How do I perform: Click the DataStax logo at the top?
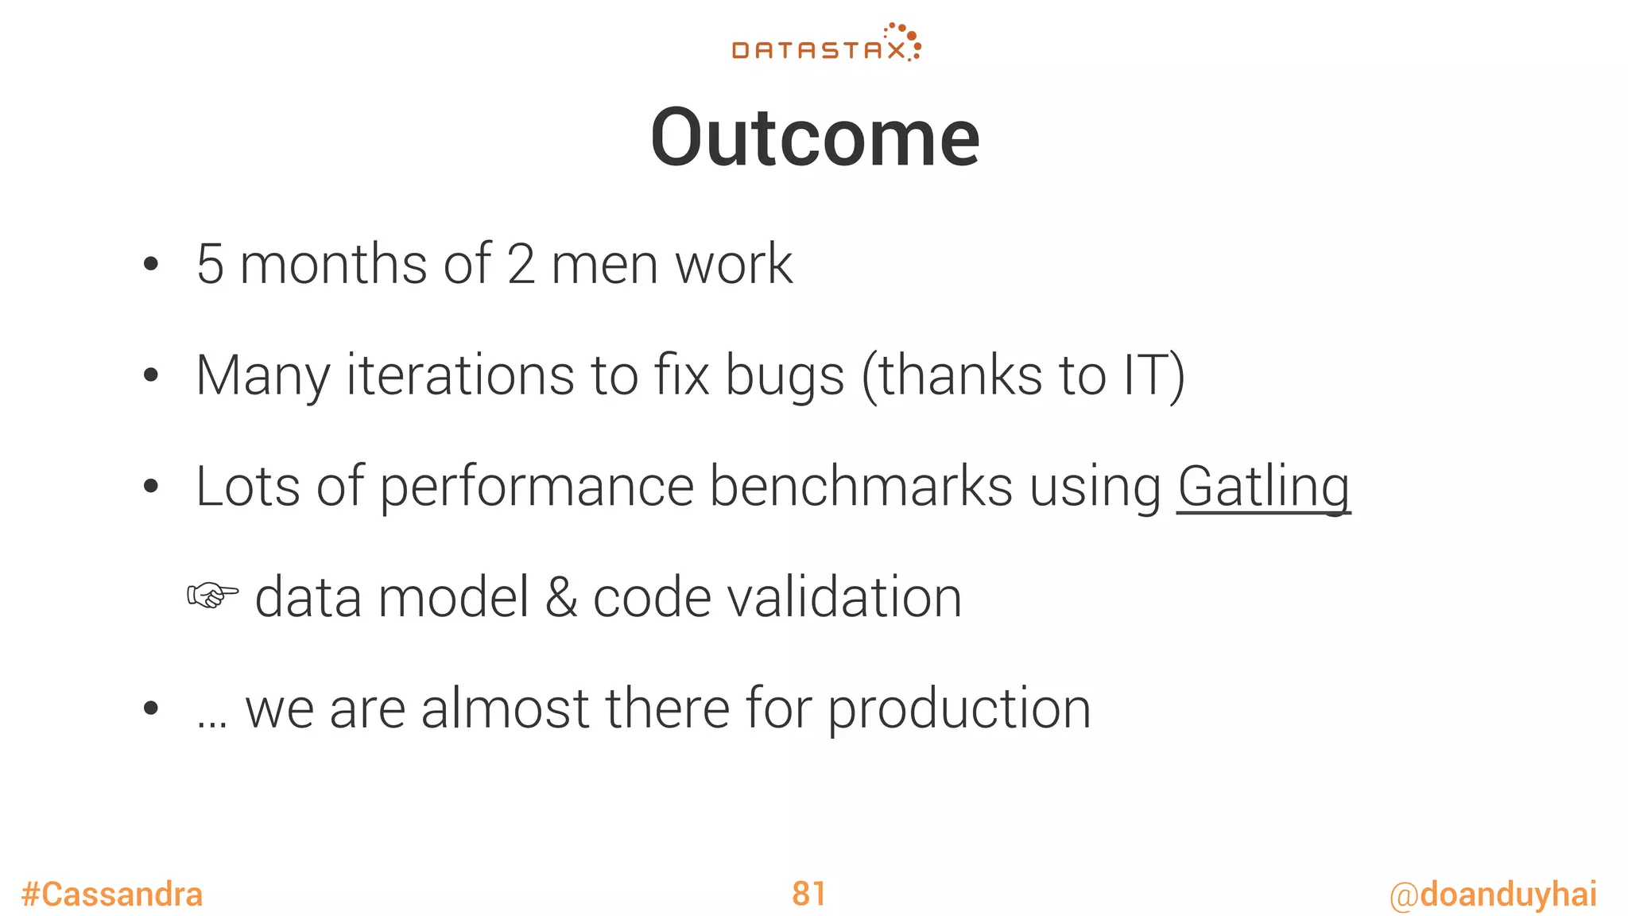click(x=826, y=44)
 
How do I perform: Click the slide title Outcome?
click(x=815, y=138)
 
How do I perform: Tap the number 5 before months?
click(x=210, y=265)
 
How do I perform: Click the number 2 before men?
click(x=521, y=265)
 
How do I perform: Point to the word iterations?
click(x=459, y=375)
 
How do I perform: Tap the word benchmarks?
click(x=860, y=487)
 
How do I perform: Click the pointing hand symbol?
click(x=211, y=596)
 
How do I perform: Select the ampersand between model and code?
click(x=561, y=598)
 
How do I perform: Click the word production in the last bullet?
click(x=959, y=710)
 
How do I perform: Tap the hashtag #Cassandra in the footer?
click(x=112, y=895)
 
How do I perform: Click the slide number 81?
click(x=808, y=894)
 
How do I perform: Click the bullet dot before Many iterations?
click(x=150, y=376)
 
